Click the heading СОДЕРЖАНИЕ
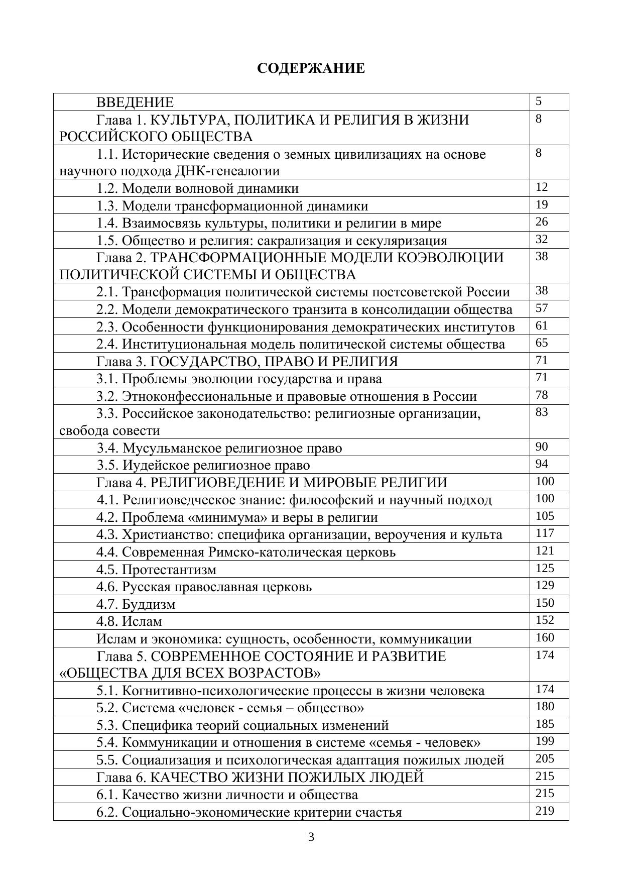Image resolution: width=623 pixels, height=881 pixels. pyautogui.click(x=311, y=68)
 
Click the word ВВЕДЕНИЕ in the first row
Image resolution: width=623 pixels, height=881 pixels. pyautogui.click(x=135, y=102)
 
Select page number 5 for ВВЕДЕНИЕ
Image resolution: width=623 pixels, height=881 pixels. pyautogui.click(x=539, y=101)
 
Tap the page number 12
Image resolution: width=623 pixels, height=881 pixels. pyautogui.click(x=541, y=187)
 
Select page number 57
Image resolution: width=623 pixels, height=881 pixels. pyautogui.click(x=541, y=308)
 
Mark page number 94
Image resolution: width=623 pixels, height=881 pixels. pyautogui.click(x=541, y=464)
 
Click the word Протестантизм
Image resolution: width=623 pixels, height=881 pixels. pyautogui.click(x=169, y=570)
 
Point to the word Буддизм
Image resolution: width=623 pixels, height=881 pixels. pyautogui.click(x=149, y=604)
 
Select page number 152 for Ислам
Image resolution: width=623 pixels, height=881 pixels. pyautogui.click(x=545, y=620)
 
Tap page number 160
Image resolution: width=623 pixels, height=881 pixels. pyautogui.click(x=545, y=637)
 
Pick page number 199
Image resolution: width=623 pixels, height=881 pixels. pyautogui.click(x=545, y=741)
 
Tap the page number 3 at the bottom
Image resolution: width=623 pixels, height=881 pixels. pyautogui.click(x=311, y=837)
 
